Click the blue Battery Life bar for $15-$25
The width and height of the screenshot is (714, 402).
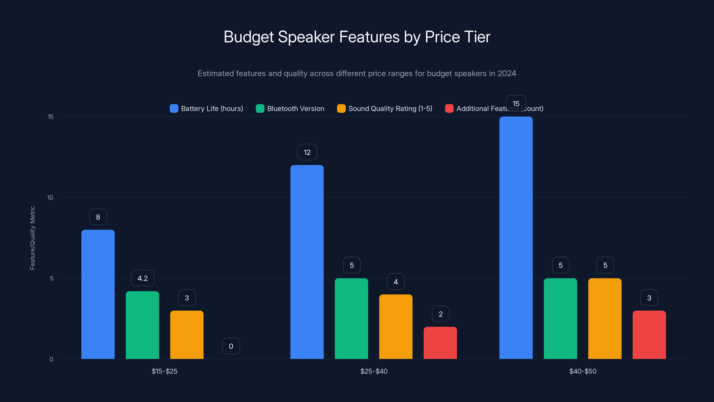pyautogui.click(x=98, y=294)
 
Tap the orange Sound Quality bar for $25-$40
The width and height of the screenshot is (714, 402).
pyautogui.click(x=396, y=327)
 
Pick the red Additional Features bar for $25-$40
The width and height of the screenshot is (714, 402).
pyautogui.click(x=440, y=343)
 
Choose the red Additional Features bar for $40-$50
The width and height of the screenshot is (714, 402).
pyautogui.click(x=649, y=335)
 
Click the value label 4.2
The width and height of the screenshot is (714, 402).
pyautogui.click(x=143, y=278)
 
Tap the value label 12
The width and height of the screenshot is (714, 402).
pyautogui.click(x=307, y=152)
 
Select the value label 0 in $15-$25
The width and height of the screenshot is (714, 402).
pyautogui.click(x=231, y=346)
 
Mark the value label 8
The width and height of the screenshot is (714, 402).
pyautogui.click(x=98, y=217)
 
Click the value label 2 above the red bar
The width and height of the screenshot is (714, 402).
pyautogui.click(x=440, y=314)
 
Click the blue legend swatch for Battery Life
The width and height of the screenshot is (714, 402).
pyautogui.click(x=174, y=109)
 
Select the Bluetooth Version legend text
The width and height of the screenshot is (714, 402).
pyautogui.click(x=295, y=109)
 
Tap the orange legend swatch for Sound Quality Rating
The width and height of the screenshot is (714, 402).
pyautogui.click(x=341, y=109)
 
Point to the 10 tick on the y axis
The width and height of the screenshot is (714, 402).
pyautogui.click(x=50, y=197)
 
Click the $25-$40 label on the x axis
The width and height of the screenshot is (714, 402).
pyautogui.click(x=374, y=371)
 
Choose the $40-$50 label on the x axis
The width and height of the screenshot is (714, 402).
pyautogui.click(x=583, y=371)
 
